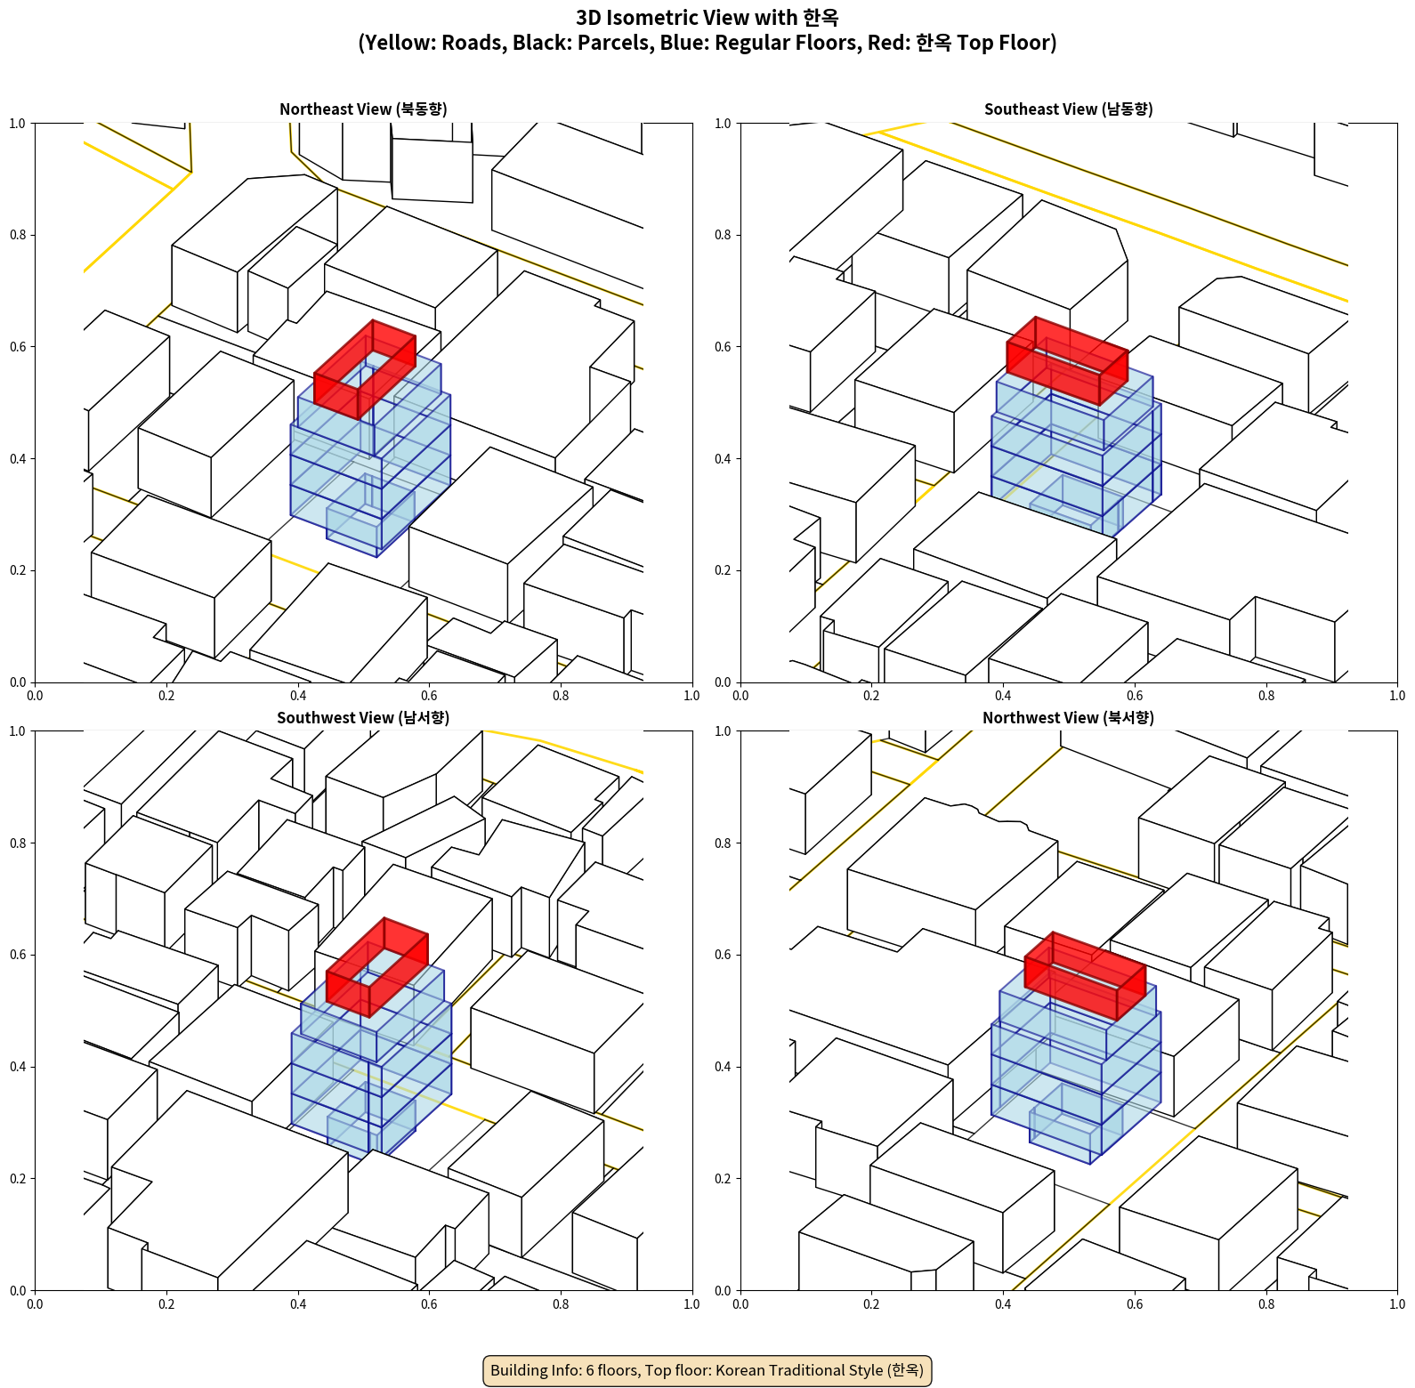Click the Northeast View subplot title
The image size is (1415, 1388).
pos(363,109)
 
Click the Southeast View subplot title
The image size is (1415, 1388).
pos(1068,109)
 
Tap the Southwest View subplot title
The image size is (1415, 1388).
pos(363,718)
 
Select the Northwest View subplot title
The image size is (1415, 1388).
pos(1068,718)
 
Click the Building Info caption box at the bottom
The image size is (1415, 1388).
pos(707,1370)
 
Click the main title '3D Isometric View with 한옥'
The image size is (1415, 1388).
pos(707,18)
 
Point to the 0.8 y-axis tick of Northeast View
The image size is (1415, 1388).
pos(18,235)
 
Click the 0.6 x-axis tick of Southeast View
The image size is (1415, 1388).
pos(1135,696)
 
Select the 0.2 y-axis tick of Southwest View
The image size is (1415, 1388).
pos(18,1178)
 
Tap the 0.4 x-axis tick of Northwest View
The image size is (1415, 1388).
pos(1003,1304)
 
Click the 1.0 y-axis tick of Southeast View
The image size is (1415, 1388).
pos(724,123)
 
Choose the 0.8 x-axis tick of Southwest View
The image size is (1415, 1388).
pos(561,1304)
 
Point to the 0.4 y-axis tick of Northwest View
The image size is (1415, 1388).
pos(724,1066)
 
